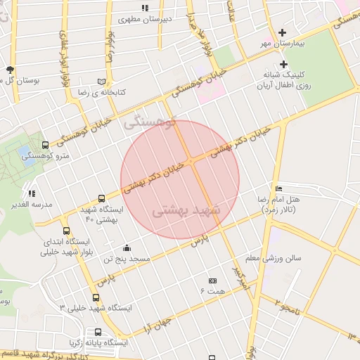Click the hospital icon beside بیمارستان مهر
(x=283, y=32)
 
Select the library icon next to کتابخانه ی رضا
(x=102, y=82)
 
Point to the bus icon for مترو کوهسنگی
(x=46, y=145)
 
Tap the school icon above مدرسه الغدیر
(x=32, y=193)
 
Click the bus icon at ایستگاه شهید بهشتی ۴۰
(x=101, y=199)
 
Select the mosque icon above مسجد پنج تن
(x=127, y=247)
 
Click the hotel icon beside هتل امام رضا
(x=279, y=188)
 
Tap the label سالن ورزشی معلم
(x=278, y=258)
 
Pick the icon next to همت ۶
(x=213, y=281)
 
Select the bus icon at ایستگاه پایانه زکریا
(x=97, y=332)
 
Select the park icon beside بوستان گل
(x=10, y=70)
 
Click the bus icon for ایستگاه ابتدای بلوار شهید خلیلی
(x=66, y=231)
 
